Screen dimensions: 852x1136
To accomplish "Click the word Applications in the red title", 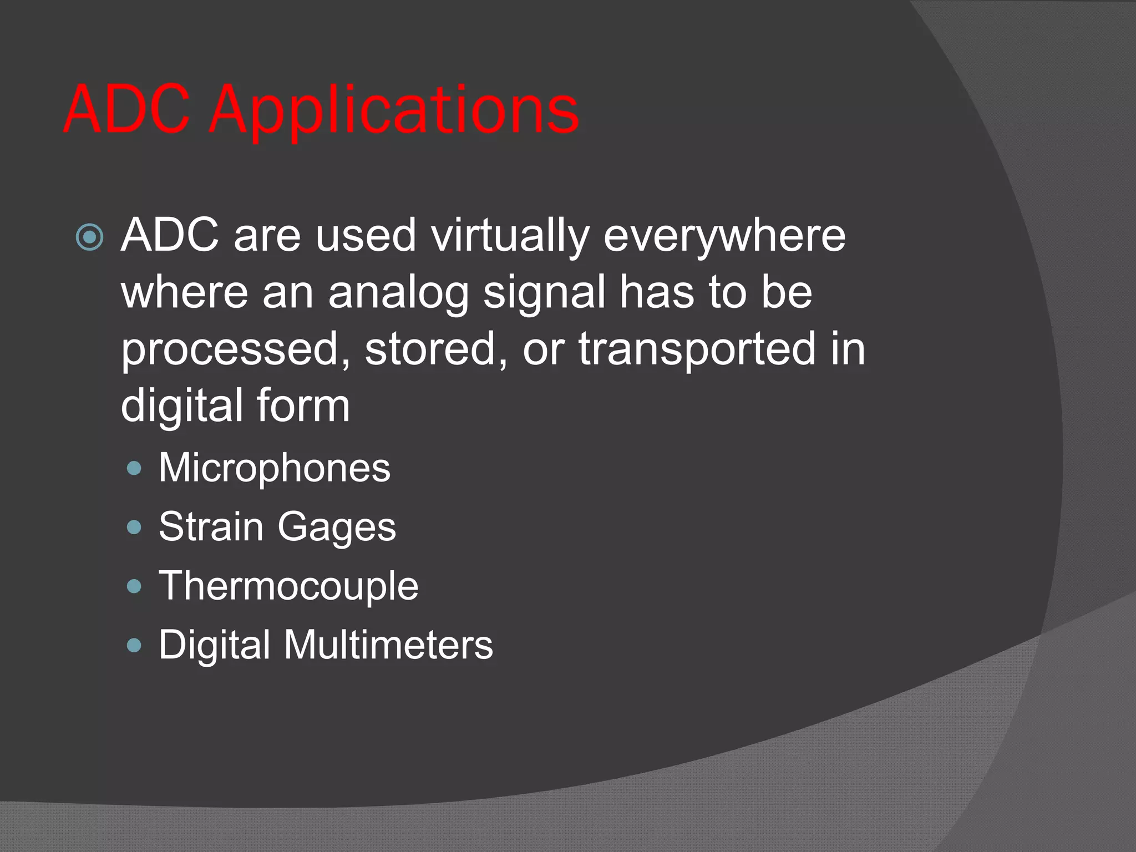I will click(394, 111).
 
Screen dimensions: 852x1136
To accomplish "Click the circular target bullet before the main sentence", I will click(89, 237).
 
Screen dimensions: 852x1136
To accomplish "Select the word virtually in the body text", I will click(510, 236).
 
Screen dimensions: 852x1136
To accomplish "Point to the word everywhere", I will click(724, 236).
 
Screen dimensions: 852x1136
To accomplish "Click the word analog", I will click(398, 293).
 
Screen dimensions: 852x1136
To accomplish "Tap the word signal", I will click(544, 293).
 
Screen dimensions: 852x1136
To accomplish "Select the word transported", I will click(697, 349).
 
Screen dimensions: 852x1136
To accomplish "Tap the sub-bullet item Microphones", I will click(275, 468).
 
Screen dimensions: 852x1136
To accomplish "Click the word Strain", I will click(211, 526).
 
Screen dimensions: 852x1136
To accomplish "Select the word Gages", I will click(337, 528).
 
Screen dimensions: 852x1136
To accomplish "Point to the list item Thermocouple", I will click(288, 586).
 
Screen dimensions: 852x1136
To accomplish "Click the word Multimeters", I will click(388, 645).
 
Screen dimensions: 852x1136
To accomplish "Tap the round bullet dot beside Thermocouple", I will click(134, 586).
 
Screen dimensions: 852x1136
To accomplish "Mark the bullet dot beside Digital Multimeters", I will click(134, 645).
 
